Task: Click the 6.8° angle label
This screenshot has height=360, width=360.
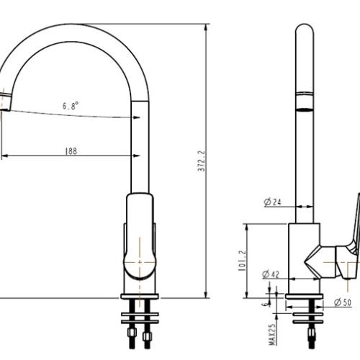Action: click(71, 105)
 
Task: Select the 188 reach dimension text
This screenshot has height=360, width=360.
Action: click(71, 150)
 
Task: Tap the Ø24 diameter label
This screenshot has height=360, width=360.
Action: click(271, 202)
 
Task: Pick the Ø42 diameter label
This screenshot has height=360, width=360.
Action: click(271, 274)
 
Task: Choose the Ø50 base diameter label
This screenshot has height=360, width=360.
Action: click(343, 303)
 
